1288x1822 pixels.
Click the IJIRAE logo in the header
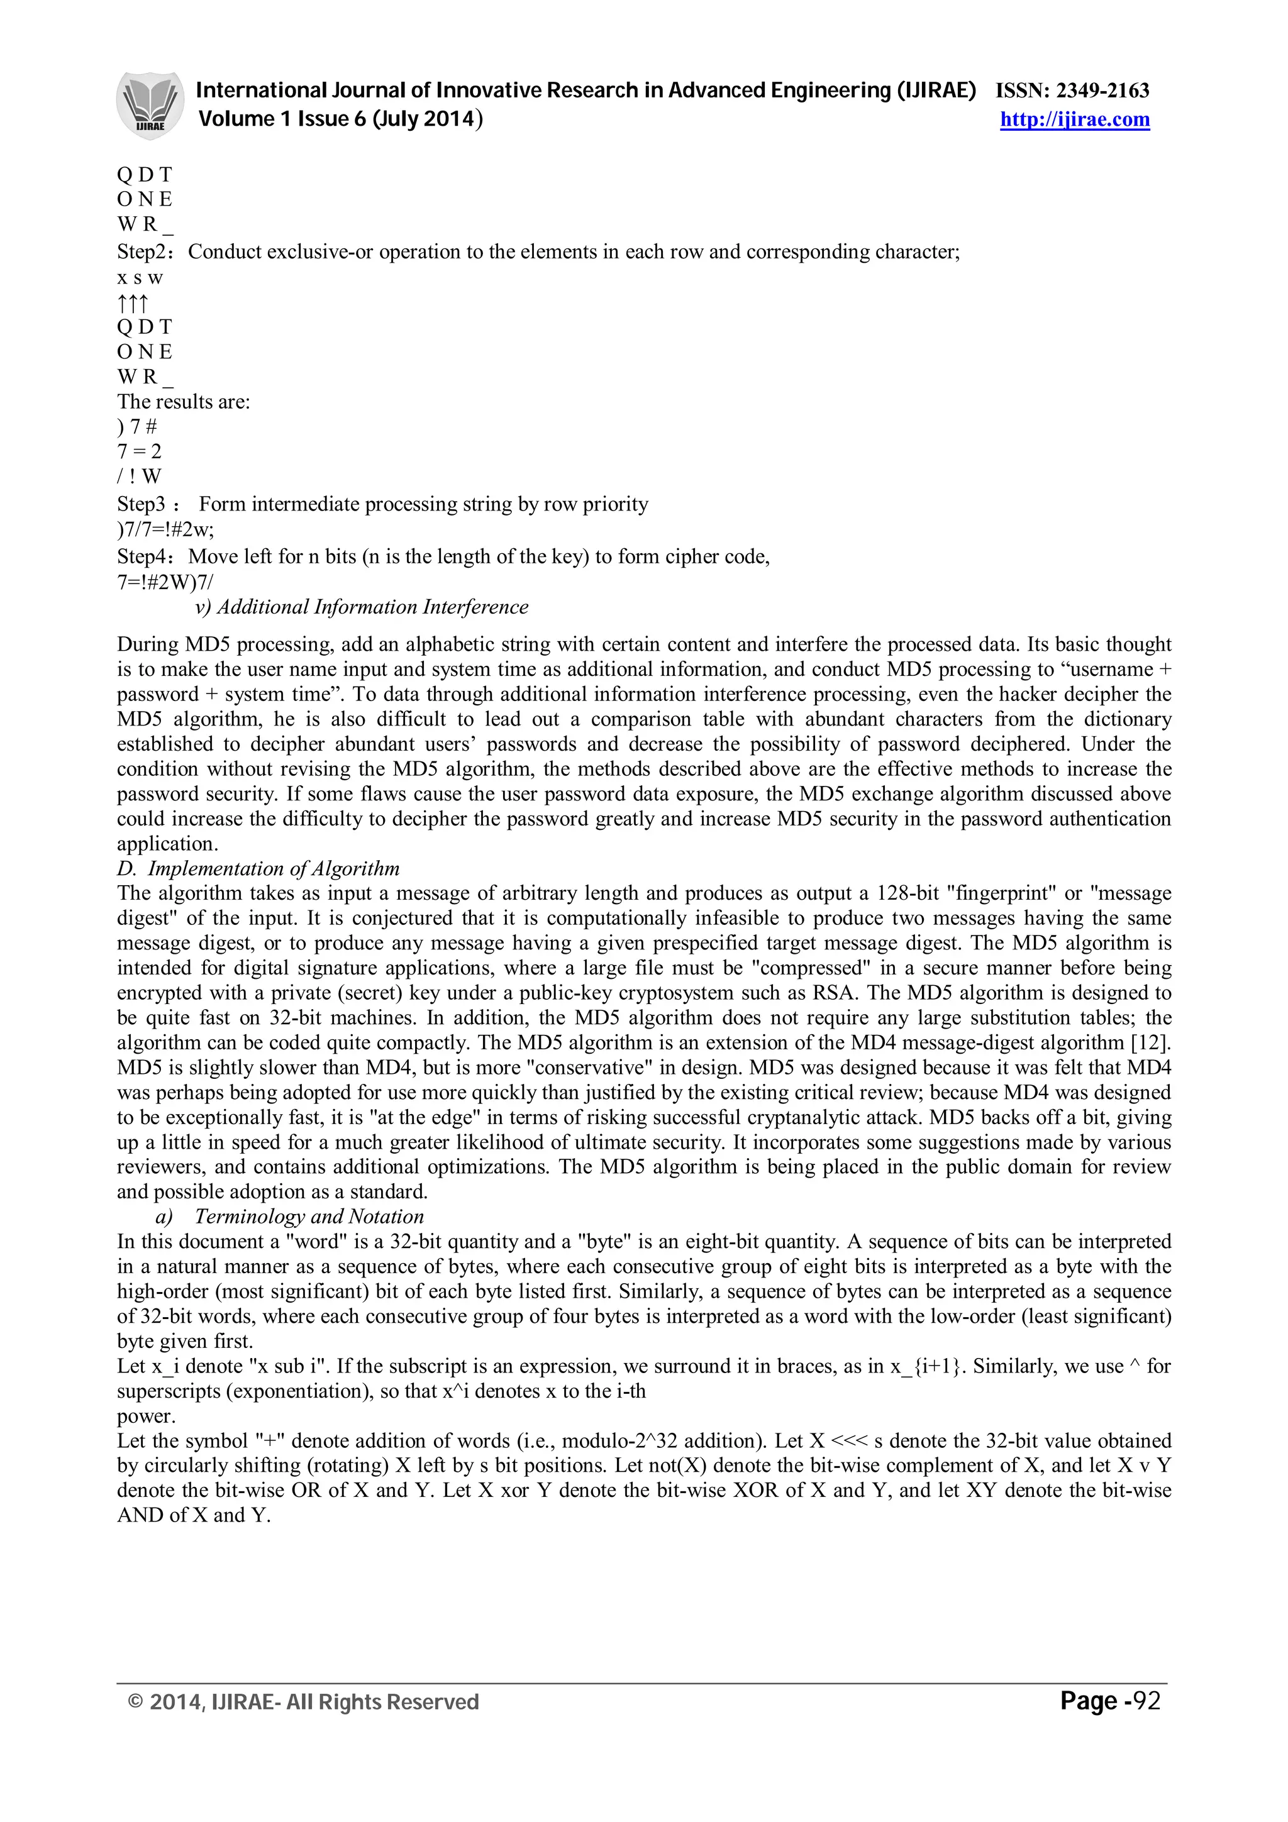pos(151,106)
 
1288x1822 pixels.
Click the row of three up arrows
pos(133,302)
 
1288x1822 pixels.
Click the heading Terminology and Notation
pos(309,1217)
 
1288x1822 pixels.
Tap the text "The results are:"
pos(183,402)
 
